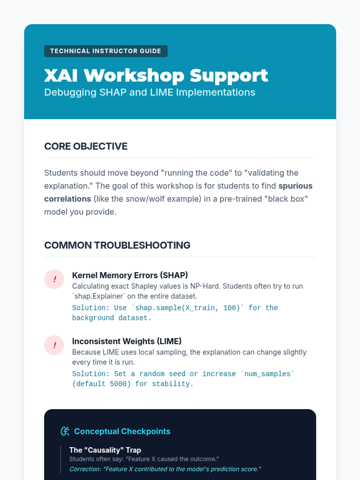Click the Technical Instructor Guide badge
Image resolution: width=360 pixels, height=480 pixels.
106,51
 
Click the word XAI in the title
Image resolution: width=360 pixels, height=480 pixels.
61,75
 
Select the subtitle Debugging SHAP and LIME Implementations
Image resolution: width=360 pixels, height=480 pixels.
150,92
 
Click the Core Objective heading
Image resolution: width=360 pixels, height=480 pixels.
86,146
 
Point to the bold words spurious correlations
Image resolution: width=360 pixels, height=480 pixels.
178,192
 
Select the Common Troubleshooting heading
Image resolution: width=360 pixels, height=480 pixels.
117,245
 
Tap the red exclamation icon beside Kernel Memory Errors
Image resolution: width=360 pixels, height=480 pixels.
54,279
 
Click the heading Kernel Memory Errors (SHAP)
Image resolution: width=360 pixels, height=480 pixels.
130,275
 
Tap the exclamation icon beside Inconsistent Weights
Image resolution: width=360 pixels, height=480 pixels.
54,345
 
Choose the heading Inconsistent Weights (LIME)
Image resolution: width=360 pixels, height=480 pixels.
127,341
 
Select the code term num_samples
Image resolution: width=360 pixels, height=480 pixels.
267,374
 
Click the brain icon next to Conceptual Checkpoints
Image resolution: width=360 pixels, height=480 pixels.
65,431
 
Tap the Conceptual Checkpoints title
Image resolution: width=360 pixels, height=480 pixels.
122,431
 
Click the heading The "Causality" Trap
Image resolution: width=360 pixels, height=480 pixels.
105,450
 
